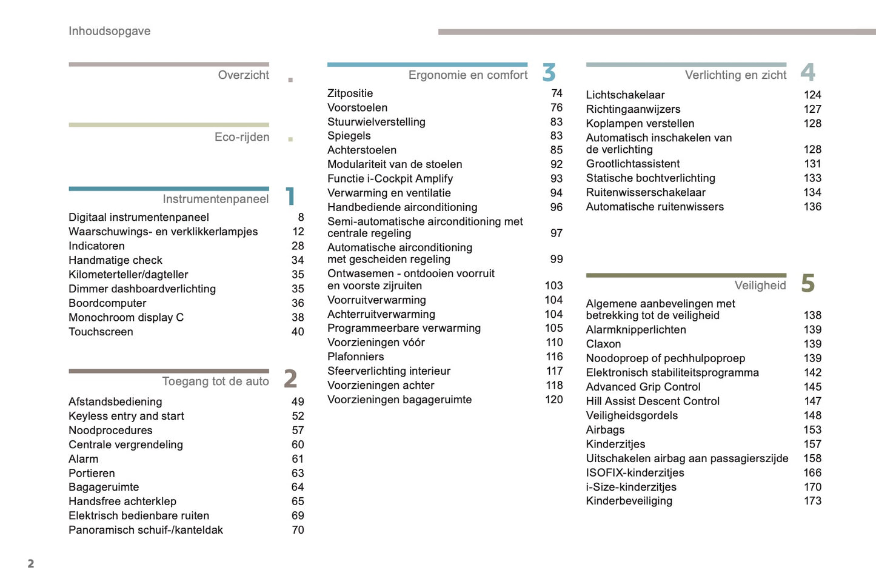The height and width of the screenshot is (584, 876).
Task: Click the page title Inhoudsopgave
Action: (x=109, y=31)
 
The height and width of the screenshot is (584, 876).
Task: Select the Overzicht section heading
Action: (x=243, y=75)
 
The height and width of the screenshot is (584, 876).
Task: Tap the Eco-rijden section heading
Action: (x=242, y=137)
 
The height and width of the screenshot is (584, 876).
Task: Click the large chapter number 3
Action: (x=549, y=73)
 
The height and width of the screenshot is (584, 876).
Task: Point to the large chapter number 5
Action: (x=807, y=283)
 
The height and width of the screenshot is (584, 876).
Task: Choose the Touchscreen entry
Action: (x=101, y=332)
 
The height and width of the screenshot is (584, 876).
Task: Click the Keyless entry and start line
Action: (x=126, y=416)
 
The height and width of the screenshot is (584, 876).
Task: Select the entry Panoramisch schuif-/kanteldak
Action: (x=145, y=530)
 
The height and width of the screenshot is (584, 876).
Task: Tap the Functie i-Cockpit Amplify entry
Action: (x=390, y=179)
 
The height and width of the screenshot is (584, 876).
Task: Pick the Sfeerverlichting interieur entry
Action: (x=389, y=371)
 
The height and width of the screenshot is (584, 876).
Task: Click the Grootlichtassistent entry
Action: (x=632, y=164)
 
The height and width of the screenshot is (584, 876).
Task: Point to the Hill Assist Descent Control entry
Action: (x=652, y=401)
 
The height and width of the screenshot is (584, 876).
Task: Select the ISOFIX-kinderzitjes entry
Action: (x=635, y=473)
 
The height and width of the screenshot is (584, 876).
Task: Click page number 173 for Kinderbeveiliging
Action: (x=812, y=501)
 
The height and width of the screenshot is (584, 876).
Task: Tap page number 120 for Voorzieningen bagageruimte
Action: (x=554, y=400)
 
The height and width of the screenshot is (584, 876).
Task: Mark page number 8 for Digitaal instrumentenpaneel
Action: (x=301, y=217)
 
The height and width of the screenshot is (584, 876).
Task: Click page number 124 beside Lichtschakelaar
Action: (x=812, y=95)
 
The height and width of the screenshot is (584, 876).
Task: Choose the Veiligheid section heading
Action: (x=760, y=286)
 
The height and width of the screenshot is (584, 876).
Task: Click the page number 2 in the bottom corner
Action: (x=31, y=563)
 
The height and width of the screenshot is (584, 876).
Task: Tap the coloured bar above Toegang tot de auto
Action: (x=169, y=371)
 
